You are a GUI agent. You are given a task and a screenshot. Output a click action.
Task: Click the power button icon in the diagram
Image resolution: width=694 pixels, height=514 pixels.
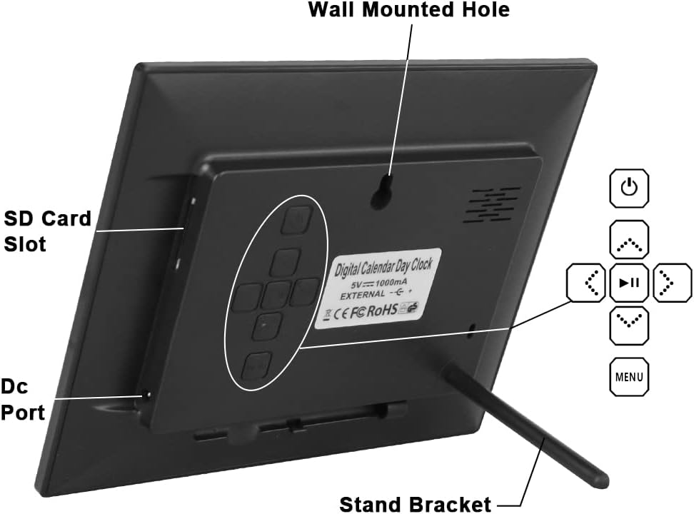click(629, 188)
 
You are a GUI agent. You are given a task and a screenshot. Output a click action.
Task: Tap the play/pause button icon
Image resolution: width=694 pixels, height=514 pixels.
click(629, 283)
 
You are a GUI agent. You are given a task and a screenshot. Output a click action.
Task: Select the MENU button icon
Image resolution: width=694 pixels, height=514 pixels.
click(629, 376)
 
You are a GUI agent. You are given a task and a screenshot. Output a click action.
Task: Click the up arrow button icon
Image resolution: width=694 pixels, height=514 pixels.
click(629, 241)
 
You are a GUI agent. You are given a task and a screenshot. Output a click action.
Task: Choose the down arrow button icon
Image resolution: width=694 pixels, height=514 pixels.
click(629, 324)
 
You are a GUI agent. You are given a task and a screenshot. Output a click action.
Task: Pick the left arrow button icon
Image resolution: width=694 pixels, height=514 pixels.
click(587, 283)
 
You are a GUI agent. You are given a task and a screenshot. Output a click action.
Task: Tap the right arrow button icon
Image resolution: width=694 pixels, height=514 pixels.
click(671, 283)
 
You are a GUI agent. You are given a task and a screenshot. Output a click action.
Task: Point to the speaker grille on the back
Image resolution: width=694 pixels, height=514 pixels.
click(492, 205)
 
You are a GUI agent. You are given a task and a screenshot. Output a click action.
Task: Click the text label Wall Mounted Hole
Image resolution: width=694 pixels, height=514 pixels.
click(408, 10)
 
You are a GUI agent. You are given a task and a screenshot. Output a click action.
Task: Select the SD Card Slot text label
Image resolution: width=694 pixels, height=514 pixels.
click(47, 230)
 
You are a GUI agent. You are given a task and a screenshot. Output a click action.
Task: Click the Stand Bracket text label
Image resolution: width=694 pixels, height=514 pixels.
click(415, 503)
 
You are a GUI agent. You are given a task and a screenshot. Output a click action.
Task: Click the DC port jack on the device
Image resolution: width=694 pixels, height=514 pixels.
click(146, 394)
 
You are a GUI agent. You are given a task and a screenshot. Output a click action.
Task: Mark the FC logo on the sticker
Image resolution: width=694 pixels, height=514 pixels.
click(358, 313)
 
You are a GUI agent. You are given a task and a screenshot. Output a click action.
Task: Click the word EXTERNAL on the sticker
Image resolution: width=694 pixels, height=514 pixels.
click(361, 294)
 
